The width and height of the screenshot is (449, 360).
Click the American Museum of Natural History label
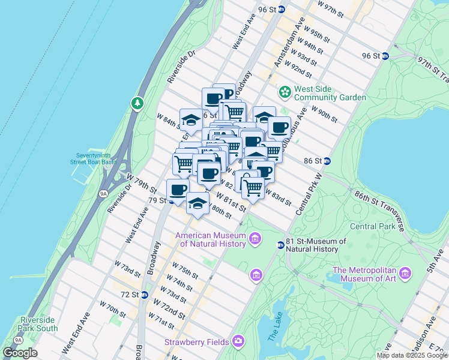(x=211, y=239)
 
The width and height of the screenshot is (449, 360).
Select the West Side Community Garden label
(x=330, y=93)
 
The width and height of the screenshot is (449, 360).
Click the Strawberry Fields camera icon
(x=239, y=341)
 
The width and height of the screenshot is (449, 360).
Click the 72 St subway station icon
(x=144, y=295)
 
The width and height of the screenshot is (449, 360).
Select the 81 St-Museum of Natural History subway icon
(x=280, y=245)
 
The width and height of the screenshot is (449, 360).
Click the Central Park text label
(x=373, y=226)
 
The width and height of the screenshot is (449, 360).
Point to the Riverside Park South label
(x=39, y=324)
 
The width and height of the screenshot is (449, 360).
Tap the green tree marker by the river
(x=138, y=104)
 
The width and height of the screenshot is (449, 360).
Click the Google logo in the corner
(x=20, y=353)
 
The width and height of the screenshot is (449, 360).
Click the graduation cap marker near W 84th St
(x=191, y=119)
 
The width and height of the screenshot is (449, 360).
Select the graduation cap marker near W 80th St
(x=197, y=203)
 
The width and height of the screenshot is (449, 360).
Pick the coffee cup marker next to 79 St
(x=178, y=189)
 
